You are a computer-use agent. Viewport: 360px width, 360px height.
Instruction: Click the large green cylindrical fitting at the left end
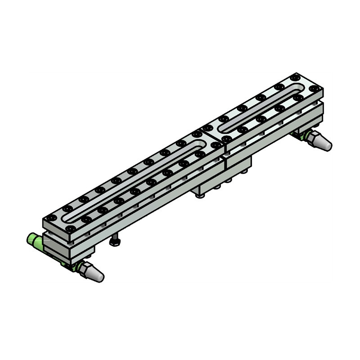(35, 241)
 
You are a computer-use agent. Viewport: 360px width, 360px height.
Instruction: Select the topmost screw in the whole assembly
(295, 77)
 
